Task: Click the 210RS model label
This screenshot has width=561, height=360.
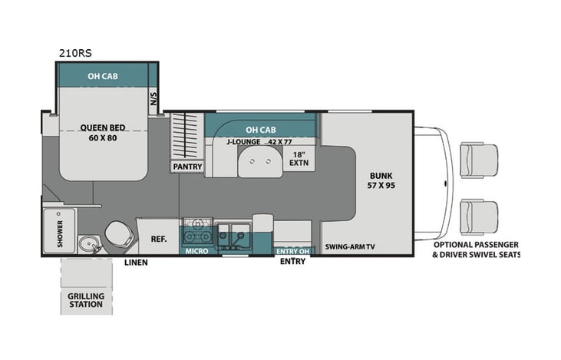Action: point(75,53)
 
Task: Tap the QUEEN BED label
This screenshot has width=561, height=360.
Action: point(104,128)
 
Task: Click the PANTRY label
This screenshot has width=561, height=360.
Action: point(186,165)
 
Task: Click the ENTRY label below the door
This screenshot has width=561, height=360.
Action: point(292,262)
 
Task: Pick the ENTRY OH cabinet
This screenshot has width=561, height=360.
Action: point(292,250)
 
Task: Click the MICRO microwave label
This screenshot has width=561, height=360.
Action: point(195,250)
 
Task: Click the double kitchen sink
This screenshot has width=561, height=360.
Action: point(231,233)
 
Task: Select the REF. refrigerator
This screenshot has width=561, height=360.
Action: point(159,238)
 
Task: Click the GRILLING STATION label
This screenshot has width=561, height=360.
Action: point(84,299)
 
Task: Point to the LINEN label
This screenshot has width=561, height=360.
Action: point(136,263)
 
